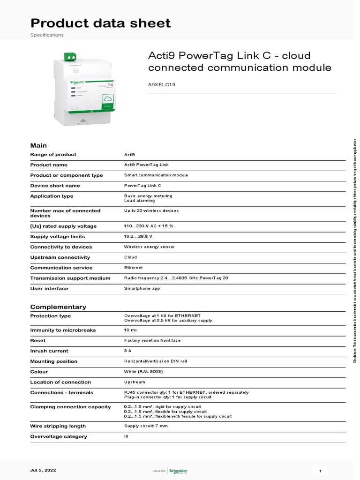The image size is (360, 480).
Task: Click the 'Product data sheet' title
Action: (x=100, y=23)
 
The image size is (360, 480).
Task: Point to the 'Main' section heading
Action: (x=38, y=145)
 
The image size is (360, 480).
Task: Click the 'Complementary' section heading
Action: (x=58, y=307)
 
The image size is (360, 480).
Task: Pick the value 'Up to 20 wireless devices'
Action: (x=151, y=211)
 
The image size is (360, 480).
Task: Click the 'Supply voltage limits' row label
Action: (x=58, y=237)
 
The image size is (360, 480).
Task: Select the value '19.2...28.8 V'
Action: (x=138, y=237)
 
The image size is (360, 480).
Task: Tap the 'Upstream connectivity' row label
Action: (x=60, y=257)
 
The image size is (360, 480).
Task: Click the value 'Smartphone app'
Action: (x=142, y=288)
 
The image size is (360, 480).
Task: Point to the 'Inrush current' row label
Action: (x=49, y=351)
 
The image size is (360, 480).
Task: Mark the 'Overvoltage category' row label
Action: (x=59, y=436)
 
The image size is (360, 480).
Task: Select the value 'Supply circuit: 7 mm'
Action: (x=146, y=426)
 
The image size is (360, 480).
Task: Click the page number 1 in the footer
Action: (x=319, y=471)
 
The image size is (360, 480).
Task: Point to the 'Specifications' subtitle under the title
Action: (x=47, y=35)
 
